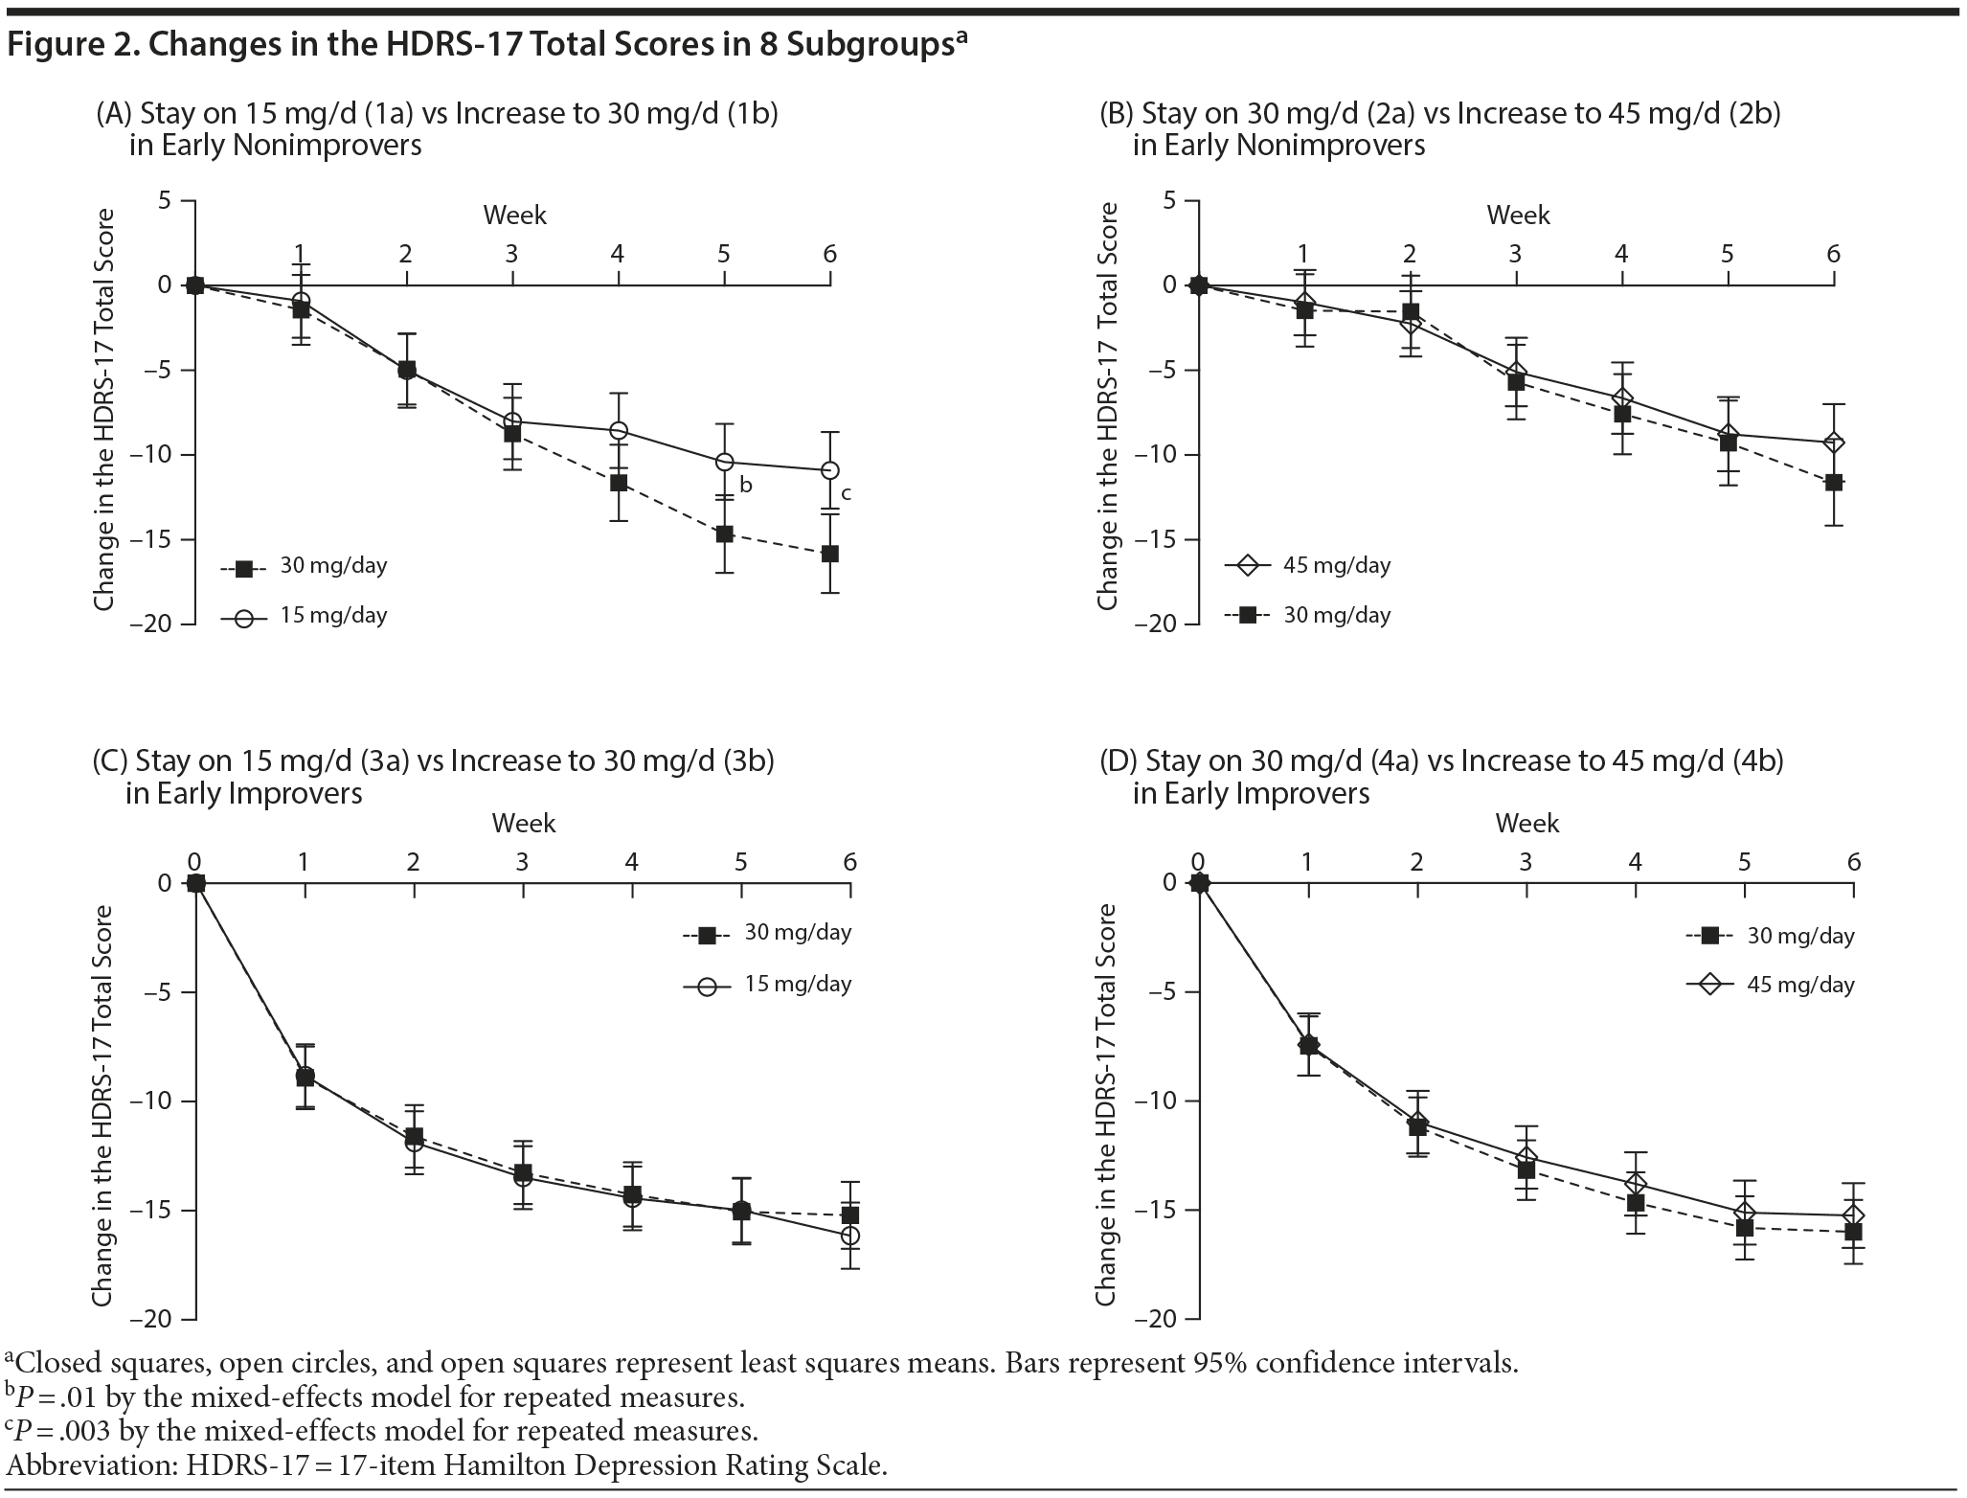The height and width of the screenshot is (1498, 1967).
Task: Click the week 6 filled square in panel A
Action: click(x=829, y=554)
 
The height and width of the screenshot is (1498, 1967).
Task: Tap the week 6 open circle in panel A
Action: click(x=830, y=470)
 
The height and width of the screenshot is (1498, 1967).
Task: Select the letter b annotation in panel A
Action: click(x=746, y=486)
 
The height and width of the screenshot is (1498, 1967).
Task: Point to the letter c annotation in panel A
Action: click(x=846, y=494)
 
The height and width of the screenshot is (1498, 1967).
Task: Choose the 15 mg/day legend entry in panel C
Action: click(x=767, y=984)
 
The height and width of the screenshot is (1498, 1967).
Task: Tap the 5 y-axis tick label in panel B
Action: click(x=1168, y=201)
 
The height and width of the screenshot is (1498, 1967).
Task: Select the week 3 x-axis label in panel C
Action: click(x=522, y=862)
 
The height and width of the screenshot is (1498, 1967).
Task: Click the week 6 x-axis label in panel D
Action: click(x=1854, y=862)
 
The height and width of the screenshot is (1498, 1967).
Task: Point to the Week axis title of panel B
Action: click(x=1518, y=215)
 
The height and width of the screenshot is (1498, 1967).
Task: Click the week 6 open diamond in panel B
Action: click(x=1834, y=443)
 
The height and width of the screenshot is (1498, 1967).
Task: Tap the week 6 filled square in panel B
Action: click(x=1834, y=482)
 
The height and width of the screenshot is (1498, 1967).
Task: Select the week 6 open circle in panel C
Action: click(x=850, y=1236)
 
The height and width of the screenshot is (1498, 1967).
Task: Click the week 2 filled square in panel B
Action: click(x=1411, y=312)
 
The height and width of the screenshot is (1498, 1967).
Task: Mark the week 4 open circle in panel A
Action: click(x=619, y=431)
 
